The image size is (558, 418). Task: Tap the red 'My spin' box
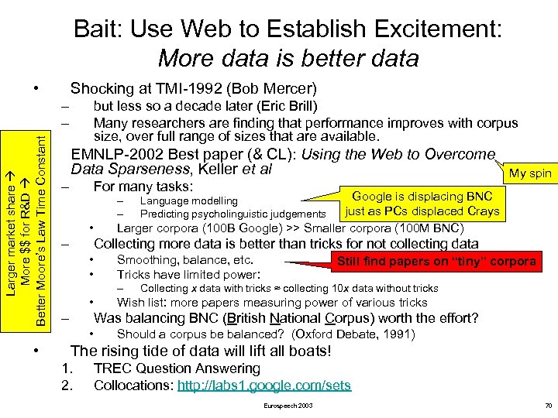point(529,173)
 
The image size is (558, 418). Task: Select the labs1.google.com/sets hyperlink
point(263,385)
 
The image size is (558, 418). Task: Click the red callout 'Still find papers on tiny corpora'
point(436,261)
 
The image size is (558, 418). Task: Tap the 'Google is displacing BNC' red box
point(422,204)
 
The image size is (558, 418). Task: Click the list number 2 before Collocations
point(67,385)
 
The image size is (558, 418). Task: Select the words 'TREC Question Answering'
point(177,368)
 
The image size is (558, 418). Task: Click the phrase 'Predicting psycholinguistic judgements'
point(232,214)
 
